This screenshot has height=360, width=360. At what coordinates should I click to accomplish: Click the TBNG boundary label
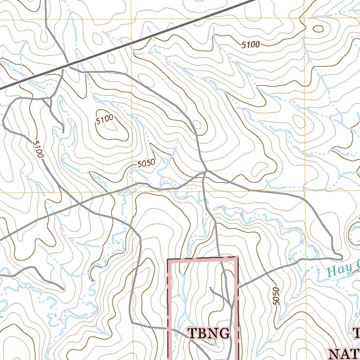click(x=209, y=333)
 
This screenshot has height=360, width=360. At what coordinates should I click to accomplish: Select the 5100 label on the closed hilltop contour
click(x=105, y=120)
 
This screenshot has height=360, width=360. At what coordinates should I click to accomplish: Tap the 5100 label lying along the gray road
click(x=37, y=149)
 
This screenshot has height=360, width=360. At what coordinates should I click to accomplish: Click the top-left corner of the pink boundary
click(x=168, y=260)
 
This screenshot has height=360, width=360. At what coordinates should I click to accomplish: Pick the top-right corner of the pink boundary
click(x=238, y=257)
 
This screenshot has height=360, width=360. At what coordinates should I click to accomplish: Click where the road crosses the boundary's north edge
click(x=219, y=258)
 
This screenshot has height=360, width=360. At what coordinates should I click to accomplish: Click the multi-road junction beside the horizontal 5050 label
click(x=206, y=172)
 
